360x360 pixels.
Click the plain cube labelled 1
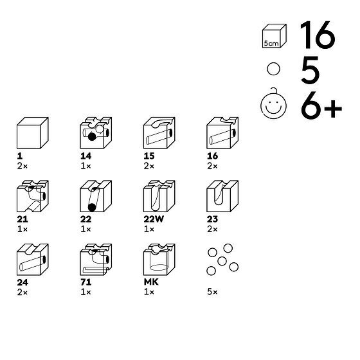(x=33, y=133)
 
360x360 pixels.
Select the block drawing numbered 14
(x=96, y=133)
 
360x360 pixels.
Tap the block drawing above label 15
(x=159, y=133)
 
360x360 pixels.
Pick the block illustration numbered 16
(x=222, y=133)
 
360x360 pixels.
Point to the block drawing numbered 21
(x=33, y=196)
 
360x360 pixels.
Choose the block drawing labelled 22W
(x=159, y=196)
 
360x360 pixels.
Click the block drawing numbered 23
(x=222, y=196)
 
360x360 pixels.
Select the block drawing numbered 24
(x=33, y=260)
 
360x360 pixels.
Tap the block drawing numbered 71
(x=96, y=260)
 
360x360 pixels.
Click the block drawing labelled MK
(x=159, y=260)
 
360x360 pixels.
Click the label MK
(x=151, y=282)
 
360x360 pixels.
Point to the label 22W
(x=154, y=219)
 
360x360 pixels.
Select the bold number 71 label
(x=86, y=282)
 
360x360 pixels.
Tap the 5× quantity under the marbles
(x=212, y=292)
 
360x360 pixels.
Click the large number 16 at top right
(x=318, y=35)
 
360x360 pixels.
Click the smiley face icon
(x=273, y=105)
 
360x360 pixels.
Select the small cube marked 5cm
(x=274, y=36)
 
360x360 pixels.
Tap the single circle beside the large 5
(x=273, y=69)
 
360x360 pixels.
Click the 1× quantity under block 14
(x=85, y=166)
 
